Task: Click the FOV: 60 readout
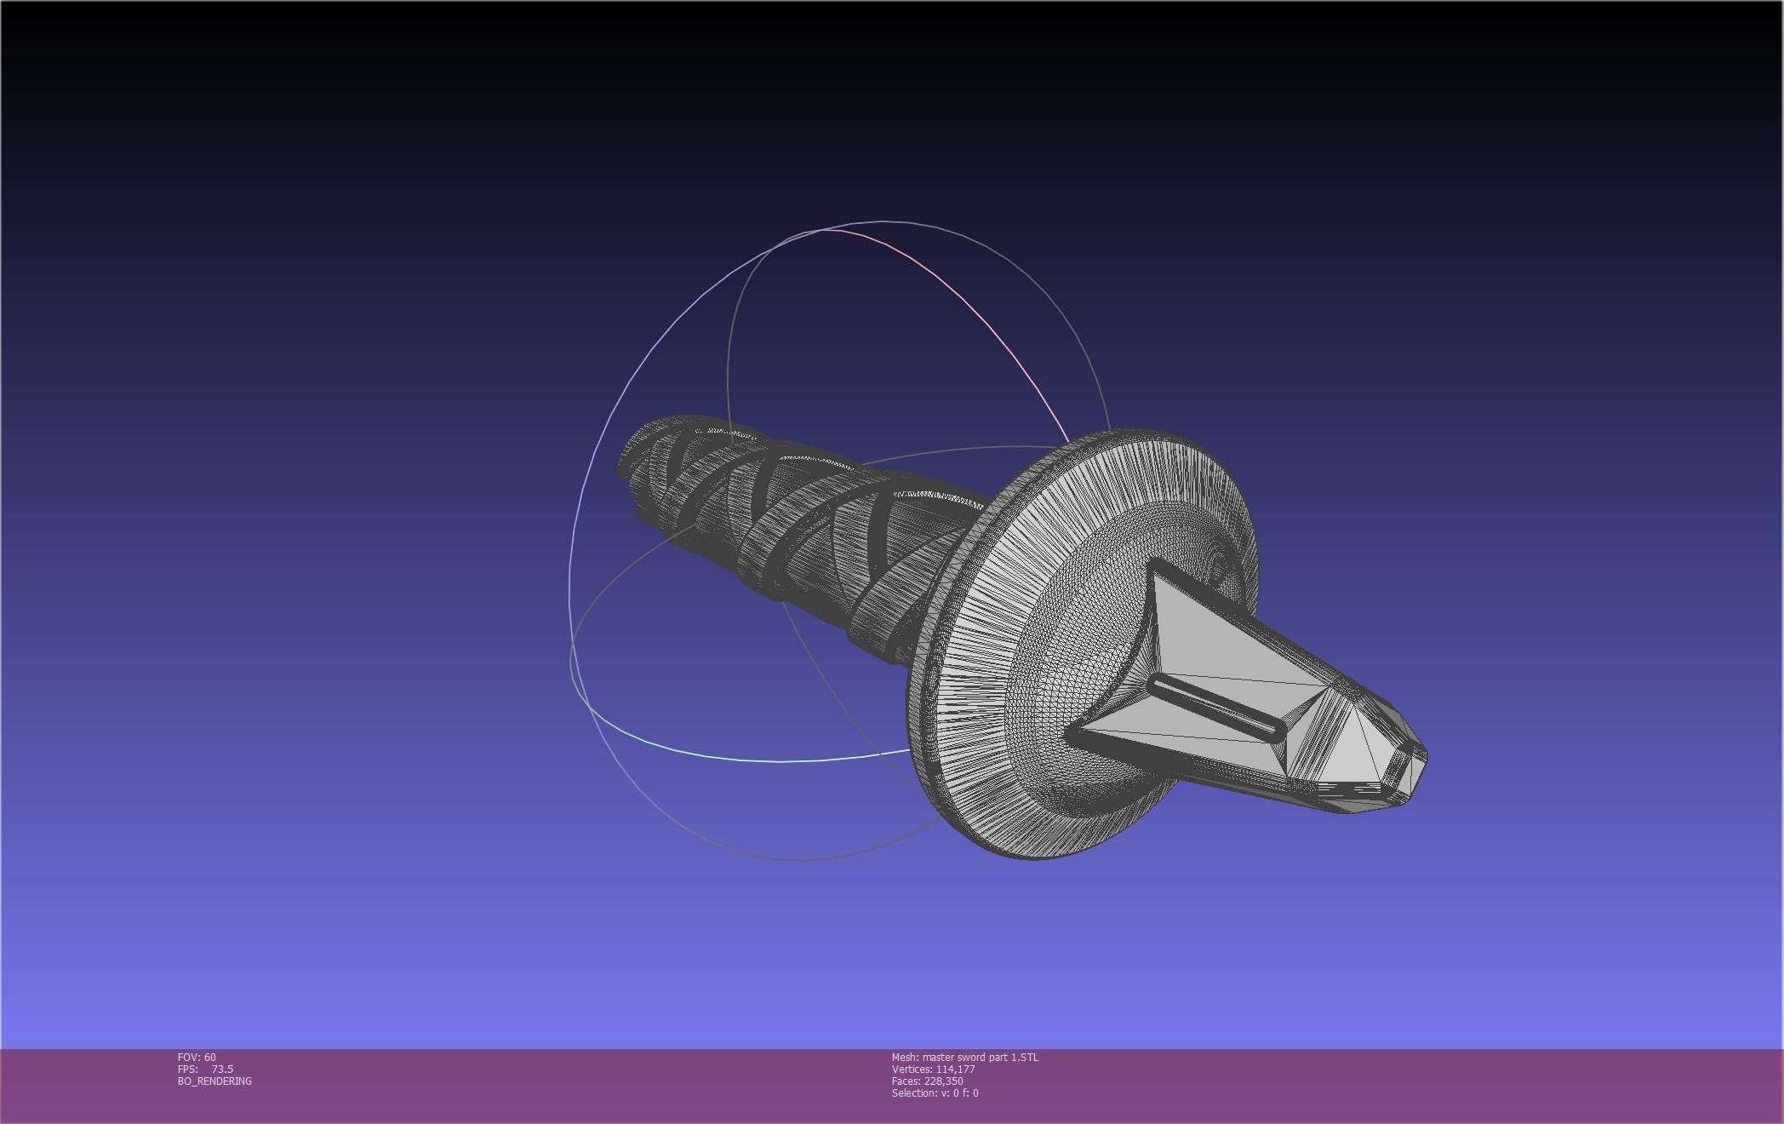pyautogui.click(x=197, y=1057)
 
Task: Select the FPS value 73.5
pyautogui.click(x=222, y=1069)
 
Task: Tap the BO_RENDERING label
pyautogui.click(x=214, y=1081)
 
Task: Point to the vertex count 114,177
pyautogui.click(x=955, y=1069)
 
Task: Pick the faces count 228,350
pyautogui.click(x=943, y=1081)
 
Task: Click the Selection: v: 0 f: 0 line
pyautogui.click(x=935, y=1092)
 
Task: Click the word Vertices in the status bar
pyautogui.click(x=911, y=1069)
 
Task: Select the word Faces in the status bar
pyautogui.click(x=906, y=1081)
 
